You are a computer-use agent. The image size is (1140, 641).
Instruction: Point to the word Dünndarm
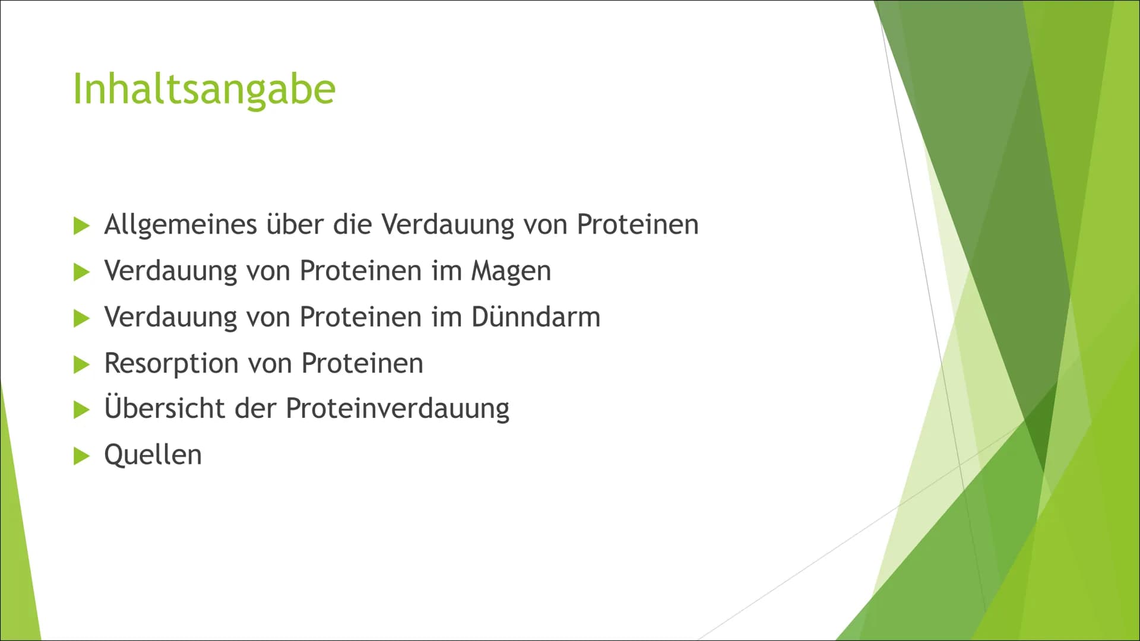pyautogui.click(x=536, y=316)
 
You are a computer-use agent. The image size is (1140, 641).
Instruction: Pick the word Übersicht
pyautogui.click(x=190, y=408)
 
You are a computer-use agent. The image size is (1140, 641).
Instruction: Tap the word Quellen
pyautogui.click(x=153, y=455)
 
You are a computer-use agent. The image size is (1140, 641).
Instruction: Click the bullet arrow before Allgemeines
pyautogui.click(x=81, y=226)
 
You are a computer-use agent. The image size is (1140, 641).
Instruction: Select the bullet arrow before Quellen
pyautogui.click(x=81, y=456)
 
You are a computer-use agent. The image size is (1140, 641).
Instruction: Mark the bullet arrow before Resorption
pyautogui.click(x=81, y=365)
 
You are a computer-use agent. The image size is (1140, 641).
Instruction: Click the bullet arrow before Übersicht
pyautogui.click(x=81, y=410)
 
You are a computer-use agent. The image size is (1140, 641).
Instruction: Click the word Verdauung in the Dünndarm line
pyautogui.click(x=171, y=318)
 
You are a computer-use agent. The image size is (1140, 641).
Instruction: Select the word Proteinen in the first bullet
pyautogui.click(x=638, y=224)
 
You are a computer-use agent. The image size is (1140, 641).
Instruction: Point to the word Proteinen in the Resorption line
pyautogui.click(x=362, y=363)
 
